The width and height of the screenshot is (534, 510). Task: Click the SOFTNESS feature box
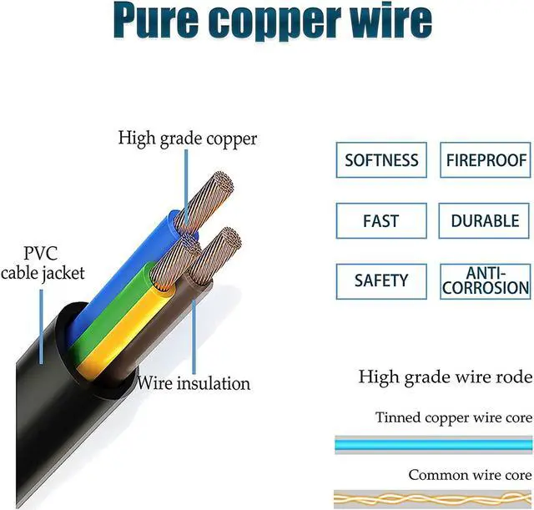[381, 160]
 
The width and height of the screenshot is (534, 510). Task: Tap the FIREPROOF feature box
[486, 160]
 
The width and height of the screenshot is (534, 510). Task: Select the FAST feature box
[381, 221]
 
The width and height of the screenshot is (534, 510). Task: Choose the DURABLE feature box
[486, 221]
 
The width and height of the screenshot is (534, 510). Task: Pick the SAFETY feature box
[381, 281]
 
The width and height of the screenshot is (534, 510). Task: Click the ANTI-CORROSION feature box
[486, 281]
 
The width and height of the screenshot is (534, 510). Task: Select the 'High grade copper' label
[188, 138]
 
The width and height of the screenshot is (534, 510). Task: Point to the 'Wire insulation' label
[194, 384]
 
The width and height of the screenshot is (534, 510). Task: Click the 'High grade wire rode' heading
[445, 377]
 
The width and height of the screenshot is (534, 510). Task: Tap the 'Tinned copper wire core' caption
[453, 417]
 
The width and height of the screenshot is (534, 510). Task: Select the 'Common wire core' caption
[470, 475]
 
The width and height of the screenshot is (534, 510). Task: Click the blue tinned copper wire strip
[432, 444]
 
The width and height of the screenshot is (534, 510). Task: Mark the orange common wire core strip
[432, 498]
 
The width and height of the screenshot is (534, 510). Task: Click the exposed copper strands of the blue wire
[205, 200]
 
